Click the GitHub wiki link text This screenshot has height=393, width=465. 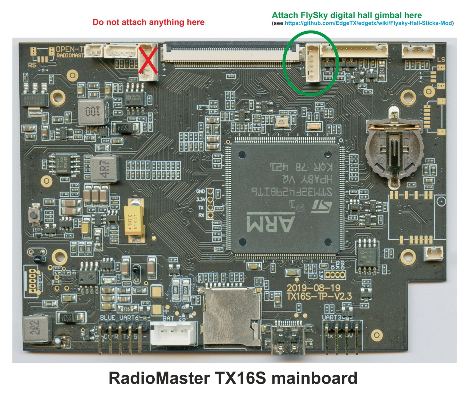click(368, 23)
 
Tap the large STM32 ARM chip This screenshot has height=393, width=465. click(285, 198)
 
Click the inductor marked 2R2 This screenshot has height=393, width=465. click(37, 329)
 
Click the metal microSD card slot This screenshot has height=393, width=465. click(231, 315)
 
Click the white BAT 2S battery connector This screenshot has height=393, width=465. click(174, 333)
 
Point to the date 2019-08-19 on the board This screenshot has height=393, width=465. click(313, 288)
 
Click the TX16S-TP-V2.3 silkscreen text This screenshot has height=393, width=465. click(319, 296)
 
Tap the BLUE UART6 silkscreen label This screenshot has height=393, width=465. click(119, 318)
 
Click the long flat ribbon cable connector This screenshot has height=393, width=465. click(230, 54)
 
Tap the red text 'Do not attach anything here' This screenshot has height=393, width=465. click(148, 22)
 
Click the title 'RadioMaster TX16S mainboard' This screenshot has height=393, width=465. click(233, 378)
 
